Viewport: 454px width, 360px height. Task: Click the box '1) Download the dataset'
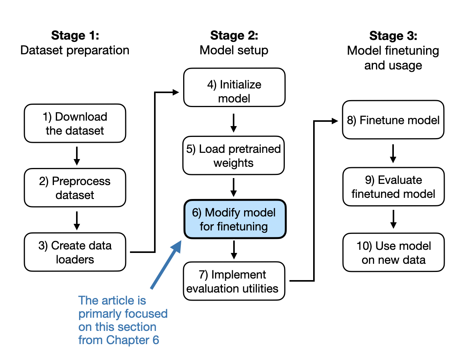coord(75,123)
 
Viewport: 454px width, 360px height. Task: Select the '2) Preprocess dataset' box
coord(75,188)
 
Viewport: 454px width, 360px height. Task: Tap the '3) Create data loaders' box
coord(75,252)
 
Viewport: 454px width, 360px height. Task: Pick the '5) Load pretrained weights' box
coord(234,156)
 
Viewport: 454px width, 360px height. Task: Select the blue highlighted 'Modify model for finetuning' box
coord(234,219)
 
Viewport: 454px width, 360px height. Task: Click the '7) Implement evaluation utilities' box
coord(234,281)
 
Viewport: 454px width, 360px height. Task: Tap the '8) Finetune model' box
coord(393,120)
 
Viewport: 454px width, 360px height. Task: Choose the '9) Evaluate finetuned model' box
coord(393,187)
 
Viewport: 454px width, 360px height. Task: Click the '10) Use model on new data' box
coord(393,253)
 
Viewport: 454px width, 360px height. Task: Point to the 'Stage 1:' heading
coord(75,36)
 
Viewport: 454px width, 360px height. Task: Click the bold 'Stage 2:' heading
coord(234,36)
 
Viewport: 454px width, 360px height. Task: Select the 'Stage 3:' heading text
coord(393,36)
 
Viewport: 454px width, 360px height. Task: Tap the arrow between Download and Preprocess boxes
coord(76,156)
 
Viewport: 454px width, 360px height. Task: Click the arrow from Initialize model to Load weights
coord(234,122)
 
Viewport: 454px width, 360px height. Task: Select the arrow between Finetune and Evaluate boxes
coord(393,153)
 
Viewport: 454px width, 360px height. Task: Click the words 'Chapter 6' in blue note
coord(133,340)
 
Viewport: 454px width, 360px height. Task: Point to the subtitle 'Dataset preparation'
coord(75,50)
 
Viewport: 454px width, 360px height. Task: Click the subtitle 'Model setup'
coord(234,50)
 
